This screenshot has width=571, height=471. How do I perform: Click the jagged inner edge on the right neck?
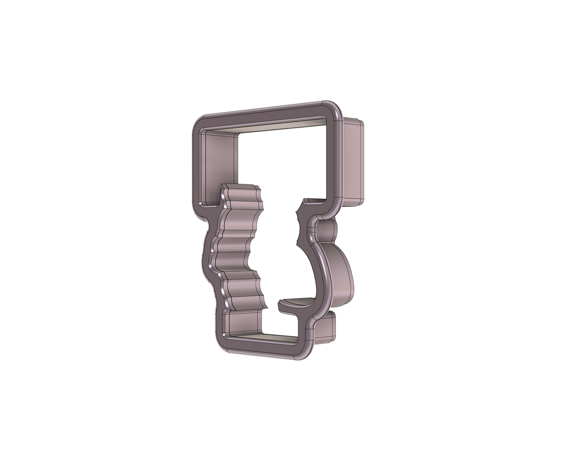[x=298, y=224]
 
